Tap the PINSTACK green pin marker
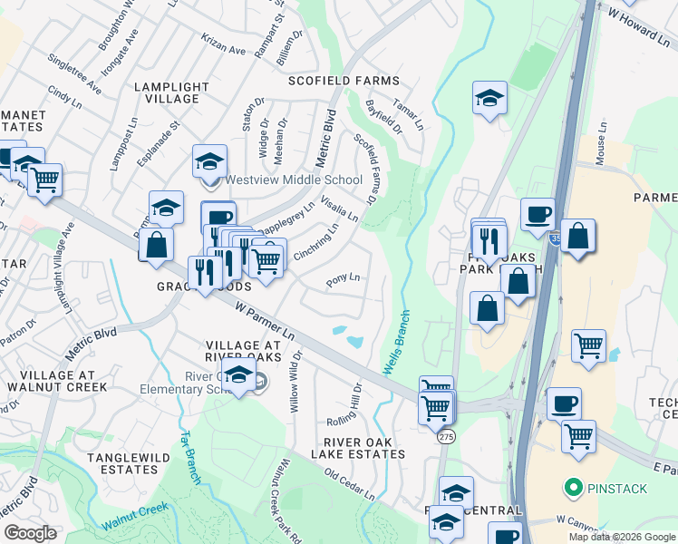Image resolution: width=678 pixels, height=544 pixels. click(572, 489)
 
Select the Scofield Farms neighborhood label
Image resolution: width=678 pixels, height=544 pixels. click(344, 81)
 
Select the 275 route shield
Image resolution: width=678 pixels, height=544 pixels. click(446, 437)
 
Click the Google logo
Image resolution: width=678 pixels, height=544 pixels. click(30, 533)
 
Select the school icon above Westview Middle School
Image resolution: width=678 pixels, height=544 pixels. click(210, 162)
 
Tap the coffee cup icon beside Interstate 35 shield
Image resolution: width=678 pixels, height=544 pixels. click(538, 214)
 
